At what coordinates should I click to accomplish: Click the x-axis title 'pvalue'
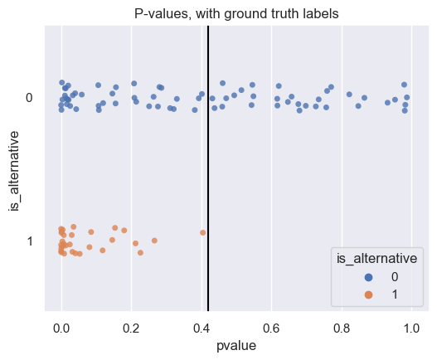tap(236, 347)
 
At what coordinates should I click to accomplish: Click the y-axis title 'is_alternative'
tap(14, 169)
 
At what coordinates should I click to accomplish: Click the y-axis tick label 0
tap(30, 98)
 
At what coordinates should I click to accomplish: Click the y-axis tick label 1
tap(30, 241)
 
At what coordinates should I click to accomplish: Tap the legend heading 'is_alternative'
tap(377, 260)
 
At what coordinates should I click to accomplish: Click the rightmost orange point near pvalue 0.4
tap(202, 232)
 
